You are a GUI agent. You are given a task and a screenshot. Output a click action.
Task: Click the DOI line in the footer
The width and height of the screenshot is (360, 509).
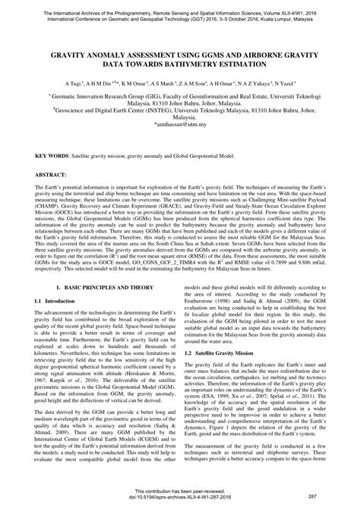coord(180,495)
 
